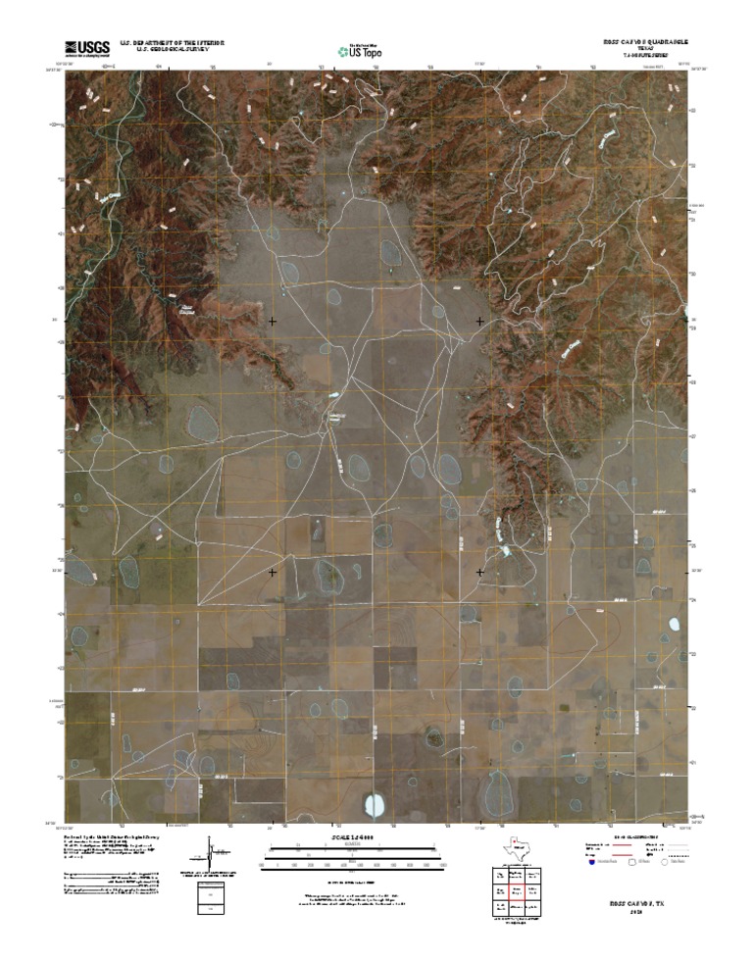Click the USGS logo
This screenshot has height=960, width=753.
87,47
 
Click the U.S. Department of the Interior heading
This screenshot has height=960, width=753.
173,43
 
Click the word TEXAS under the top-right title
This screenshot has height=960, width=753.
644,50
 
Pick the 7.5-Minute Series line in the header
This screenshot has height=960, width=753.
644,57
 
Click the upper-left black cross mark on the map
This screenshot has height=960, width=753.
273,321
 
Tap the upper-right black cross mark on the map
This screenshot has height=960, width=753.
480,321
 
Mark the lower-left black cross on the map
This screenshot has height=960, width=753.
273,571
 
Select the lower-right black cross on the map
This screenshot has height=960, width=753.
480,571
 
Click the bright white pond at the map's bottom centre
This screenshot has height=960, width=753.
374,806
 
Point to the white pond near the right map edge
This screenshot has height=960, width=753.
674,625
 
